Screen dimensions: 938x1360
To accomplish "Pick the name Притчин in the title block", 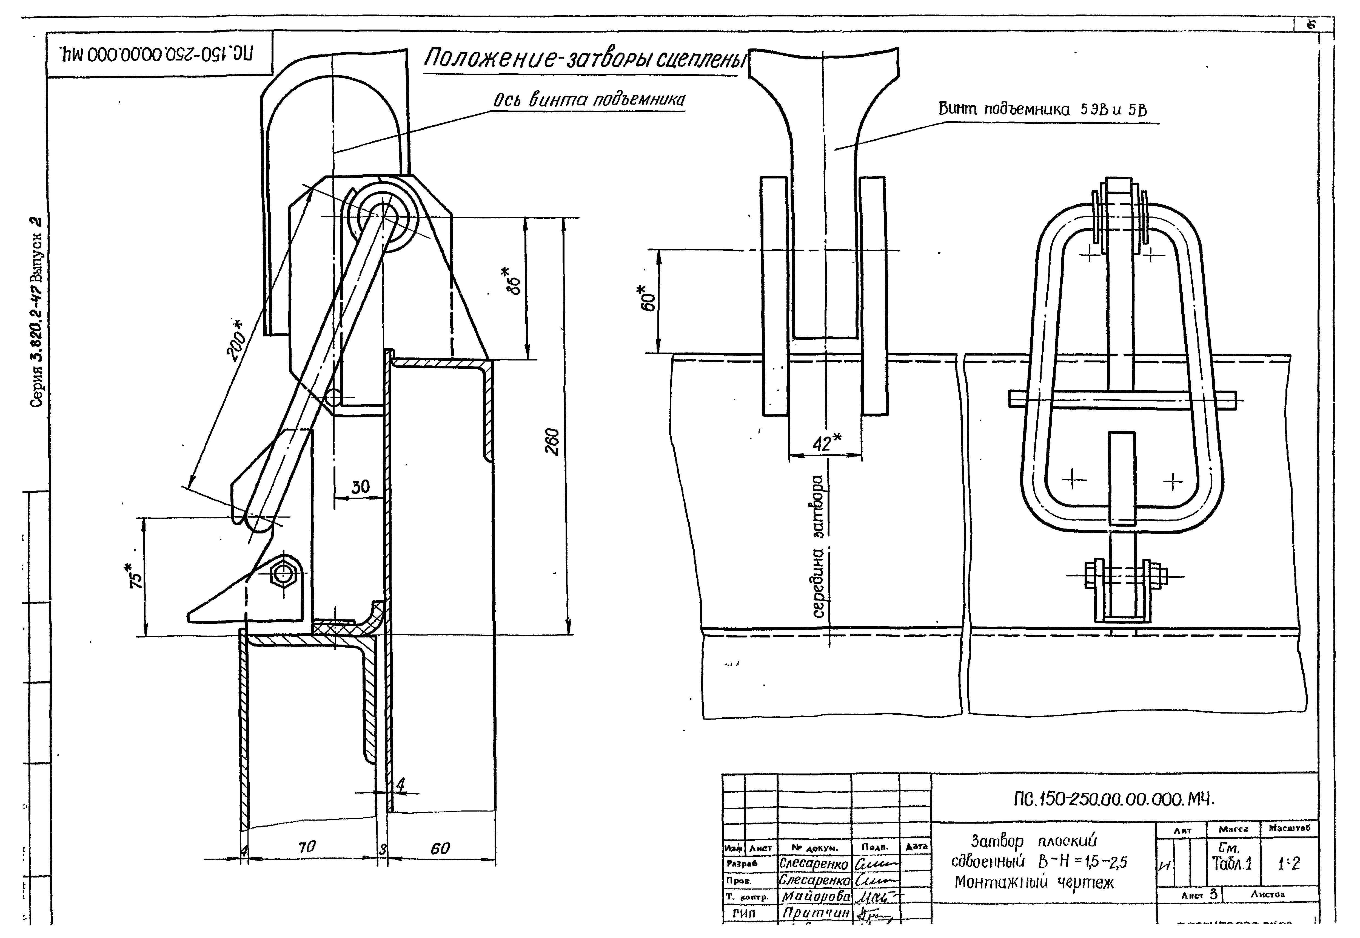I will (x=815, y=913).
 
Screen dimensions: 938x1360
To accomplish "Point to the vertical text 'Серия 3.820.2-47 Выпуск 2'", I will (x=36, y=311).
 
